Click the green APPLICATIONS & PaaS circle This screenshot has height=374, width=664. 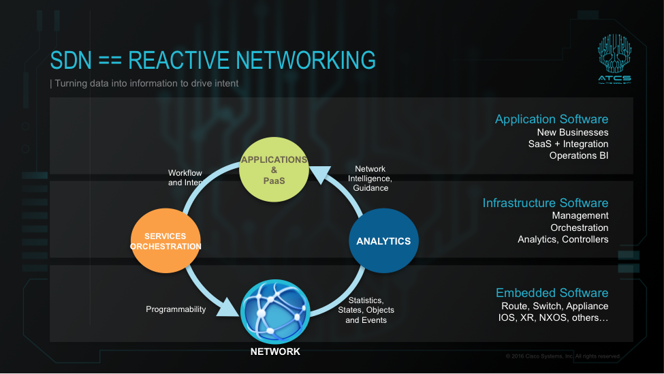pyautogui.click(x=273, y=170)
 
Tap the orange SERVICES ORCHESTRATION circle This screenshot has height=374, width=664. pyautogui.click(x=165, y=241)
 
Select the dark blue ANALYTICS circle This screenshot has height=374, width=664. pyautogui.click(x=383, y=241)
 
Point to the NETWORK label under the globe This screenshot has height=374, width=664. pyautogui.click(x=275, y=352)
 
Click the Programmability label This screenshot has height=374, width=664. pyautogui.click(x=176, y=309)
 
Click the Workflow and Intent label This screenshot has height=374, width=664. pyautogui.click(x=185, y=178)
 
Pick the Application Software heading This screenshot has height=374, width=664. pyautogui.click(x=552, y=120)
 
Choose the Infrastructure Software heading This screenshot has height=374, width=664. pyautogui.click(x=546, y=203)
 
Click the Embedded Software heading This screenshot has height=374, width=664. pyautogui.click(x=552, y=293)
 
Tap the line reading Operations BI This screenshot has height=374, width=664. pyautogui.click(x=579, y=156)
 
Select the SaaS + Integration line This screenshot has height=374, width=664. pyautogui.click(x=568, y=144)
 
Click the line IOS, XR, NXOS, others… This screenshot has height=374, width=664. pyautogui.click(x=553, y=318)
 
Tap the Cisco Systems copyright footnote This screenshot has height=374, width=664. pyautogui.click(x=563, y=356)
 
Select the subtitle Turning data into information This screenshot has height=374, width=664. pyautogui.click(x=144, y=84)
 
